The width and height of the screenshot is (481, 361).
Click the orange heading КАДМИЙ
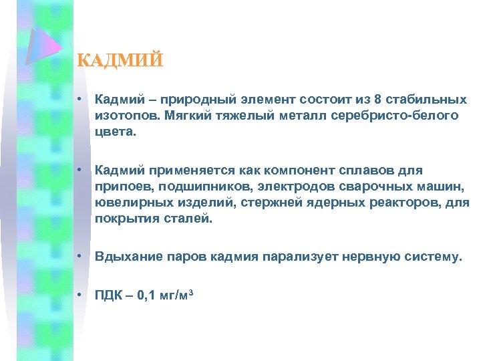[120, 60]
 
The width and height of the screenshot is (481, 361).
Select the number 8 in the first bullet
[378, 100]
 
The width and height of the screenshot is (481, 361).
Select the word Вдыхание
[125, 256]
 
